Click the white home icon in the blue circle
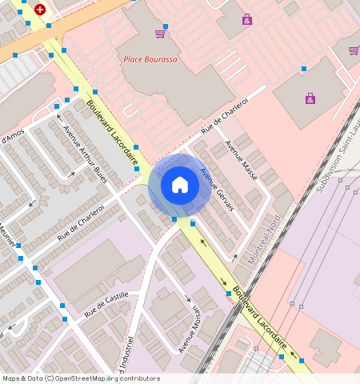pyautogui.click(x=180, y=186)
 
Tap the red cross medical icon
pyautogui.click(x=40, y=10)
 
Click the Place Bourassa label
pyautogui.click(x=150, y=59)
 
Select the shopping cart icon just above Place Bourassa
pyautogui.click(x=161, y=33)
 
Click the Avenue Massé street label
pyautogui.click(x=241, y=160)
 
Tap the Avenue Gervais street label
pyautogui.click(x=217, y=189)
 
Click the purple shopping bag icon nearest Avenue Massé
pyautogui.click(x=310, y=98)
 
